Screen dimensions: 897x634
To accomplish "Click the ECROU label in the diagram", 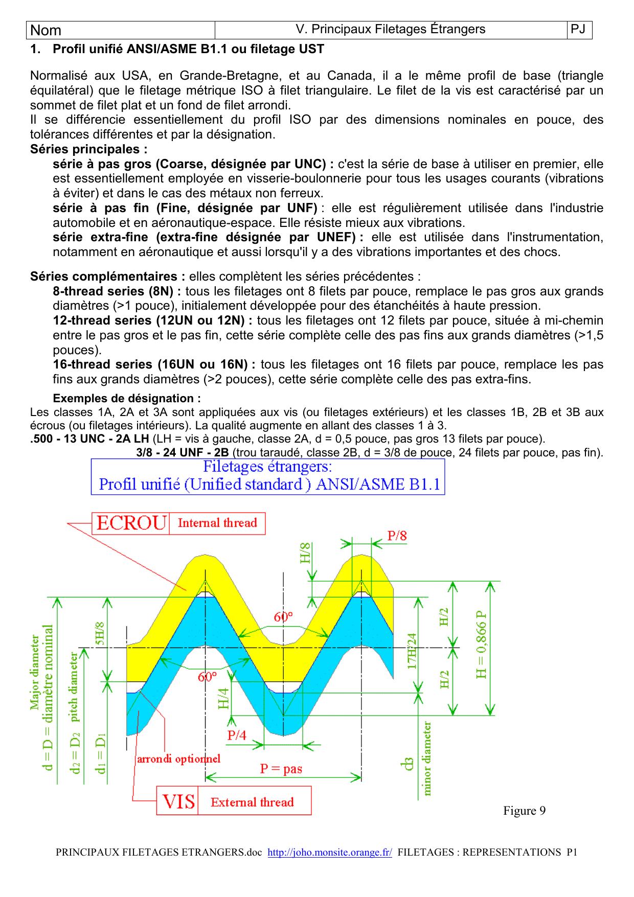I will click(x=131, y=523).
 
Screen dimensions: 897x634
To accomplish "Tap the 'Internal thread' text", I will click(x=217, y=523).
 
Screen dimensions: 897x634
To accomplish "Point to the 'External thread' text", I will click(x=252, y=802).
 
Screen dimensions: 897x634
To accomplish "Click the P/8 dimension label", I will click(x=397, y=536).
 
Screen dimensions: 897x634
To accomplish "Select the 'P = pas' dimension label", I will click(x=281, y=768).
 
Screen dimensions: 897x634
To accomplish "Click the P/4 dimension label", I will click(x=237, y=735).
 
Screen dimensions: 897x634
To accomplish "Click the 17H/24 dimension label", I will click(x=412, y=651).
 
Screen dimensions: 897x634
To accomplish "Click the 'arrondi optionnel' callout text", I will click(x=178, y=758).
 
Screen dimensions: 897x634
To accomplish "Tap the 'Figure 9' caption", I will click(x=524, y=811).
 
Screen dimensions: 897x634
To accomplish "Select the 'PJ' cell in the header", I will click(x=578, y=30).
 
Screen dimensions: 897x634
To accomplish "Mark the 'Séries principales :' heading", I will click(x=88, y=149).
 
